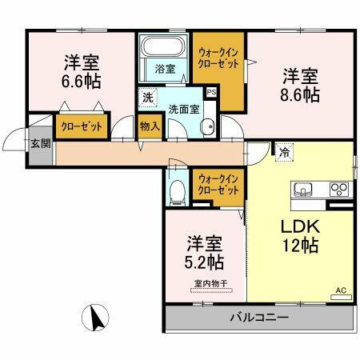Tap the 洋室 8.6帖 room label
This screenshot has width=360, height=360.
coord(299,85)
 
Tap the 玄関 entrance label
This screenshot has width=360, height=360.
coord(40,144)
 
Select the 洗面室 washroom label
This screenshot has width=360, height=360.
coord(182,108)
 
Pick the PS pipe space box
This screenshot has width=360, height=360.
coord(210,93)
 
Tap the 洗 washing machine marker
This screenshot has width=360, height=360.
coord(146,98)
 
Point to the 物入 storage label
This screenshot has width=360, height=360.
coord(149,125)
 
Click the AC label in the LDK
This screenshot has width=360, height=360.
coord(339,290)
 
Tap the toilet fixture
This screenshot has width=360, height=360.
coord(178,190)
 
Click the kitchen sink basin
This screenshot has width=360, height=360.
coord(305,189)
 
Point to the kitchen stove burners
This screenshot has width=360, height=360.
coord(339,189)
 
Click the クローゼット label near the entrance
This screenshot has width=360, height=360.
coord(78,126)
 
